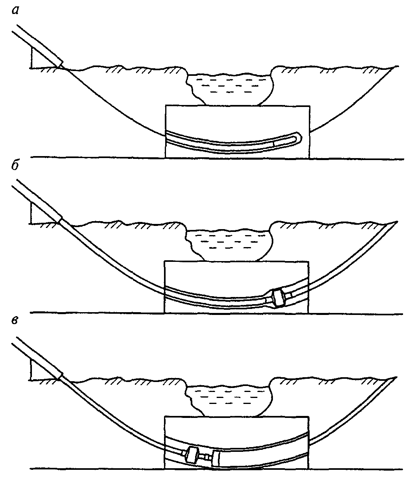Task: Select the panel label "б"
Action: tap(15, 166)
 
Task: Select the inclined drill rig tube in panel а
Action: tap(38, 45)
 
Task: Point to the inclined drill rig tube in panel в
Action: tap(38, 356)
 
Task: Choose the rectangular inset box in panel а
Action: tap(237, 131)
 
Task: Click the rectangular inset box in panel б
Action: tap(237, 287)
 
